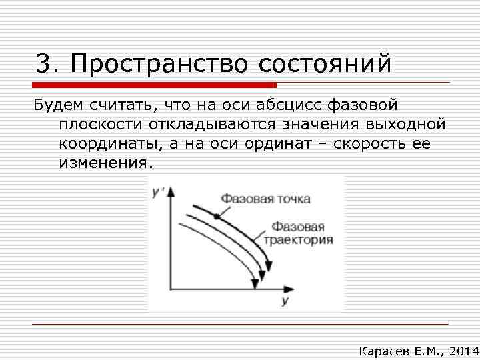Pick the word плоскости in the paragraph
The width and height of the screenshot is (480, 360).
(x=103, y=125)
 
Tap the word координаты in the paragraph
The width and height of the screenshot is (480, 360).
(x=113, y=144)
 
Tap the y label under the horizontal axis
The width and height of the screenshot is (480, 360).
(x=284, y=301)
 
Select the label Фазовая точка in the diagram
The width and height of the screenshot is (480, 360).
(x=265, y=199)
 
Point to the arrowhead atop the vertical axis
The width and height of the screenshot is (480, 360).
(x=170, y=191)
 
